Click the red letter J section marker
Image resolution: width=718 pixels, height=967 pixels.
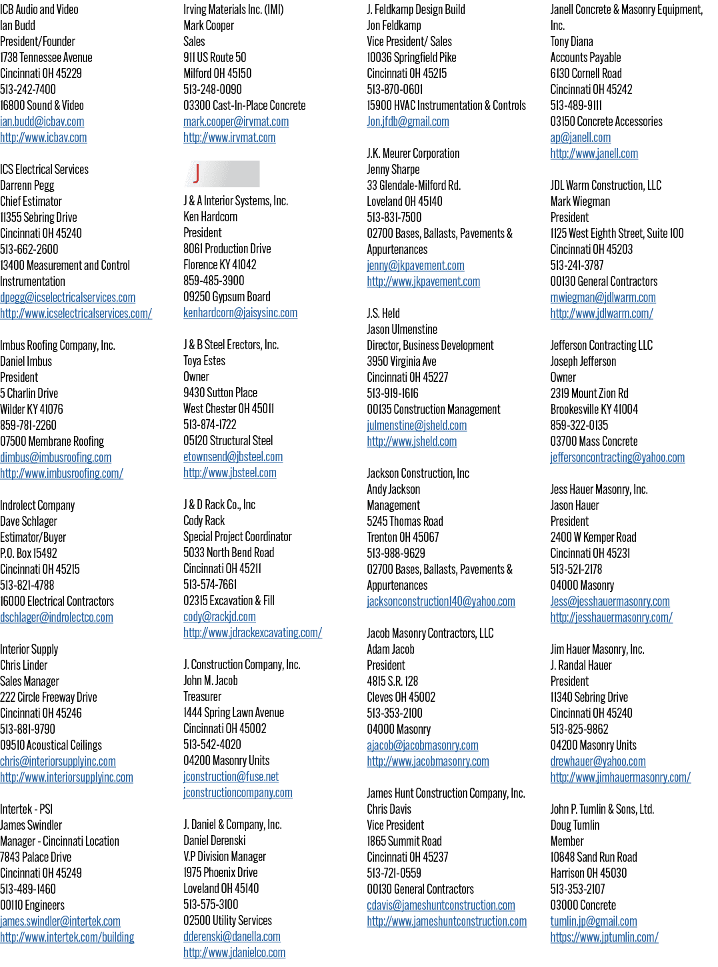196,173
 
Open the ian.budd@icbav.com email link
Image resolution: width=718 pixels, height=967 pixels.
42,121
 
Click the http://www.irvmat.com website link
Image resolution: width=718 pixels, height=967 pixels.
229,137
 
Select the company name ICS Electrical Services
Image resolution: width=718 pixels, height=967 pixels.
44,169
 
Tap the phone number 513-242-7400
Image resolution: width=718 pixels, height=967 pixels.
28,89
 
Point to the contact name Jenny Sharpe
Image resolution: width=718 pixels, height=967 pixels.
393,169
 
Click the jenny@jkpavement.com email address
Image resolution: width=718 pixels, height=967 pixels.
415,265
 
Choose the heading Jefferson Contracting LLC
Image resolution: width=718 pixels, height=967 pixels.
601,345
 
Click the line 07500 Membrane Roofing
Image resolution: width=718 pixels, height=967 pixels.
52,441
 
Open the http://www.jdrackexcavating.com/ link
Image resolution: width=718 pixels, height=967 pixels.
253,632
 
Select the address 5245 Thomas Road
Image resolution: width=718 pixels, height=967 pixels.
405,521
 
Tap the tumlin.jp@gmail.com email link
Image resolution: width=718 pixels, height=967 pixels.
593,921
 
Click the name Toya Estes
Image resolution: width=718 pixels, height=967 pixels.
204,361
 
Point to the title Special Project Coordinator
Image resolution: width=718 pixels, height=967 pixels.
237,536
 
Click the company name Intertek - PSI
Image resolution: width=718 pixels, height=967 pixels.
26,809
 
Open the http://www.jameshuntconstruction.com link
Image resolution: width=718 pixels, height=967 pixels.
447,921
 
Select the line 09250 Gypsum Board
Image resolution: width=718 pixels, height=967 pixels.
227,297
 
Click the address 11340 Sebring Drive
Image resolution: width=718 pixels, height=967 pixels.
589,696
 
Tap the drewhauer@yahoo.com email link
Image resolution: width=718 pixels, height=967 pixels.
597,761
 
